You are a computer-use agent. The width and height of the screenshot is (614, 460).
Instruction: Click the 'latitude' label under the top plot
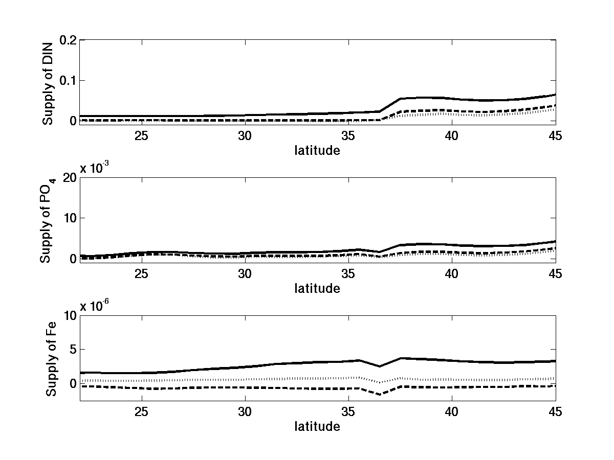317,150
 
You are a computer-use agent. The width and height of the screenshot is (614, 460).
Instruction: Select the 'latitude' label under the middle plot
317,288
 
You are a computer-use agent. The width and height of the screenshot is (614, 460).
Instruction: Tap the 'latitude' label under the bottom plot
317,426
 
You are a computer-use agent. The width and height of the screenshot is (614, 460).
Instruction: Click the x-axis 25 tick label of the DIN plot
142,136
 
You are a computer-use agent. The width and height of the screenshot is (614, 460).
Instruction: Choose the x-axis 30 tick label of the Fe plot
245,412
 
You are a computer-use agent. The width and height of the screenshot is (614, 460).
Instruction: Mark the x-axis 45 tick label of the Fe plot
555,412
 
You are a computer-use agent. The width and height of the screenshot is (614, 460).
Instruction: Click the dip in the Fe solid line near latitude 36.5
380,366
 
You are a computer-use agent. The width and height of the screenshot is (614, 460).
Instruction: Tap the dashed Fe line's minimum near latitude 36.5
380,395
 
